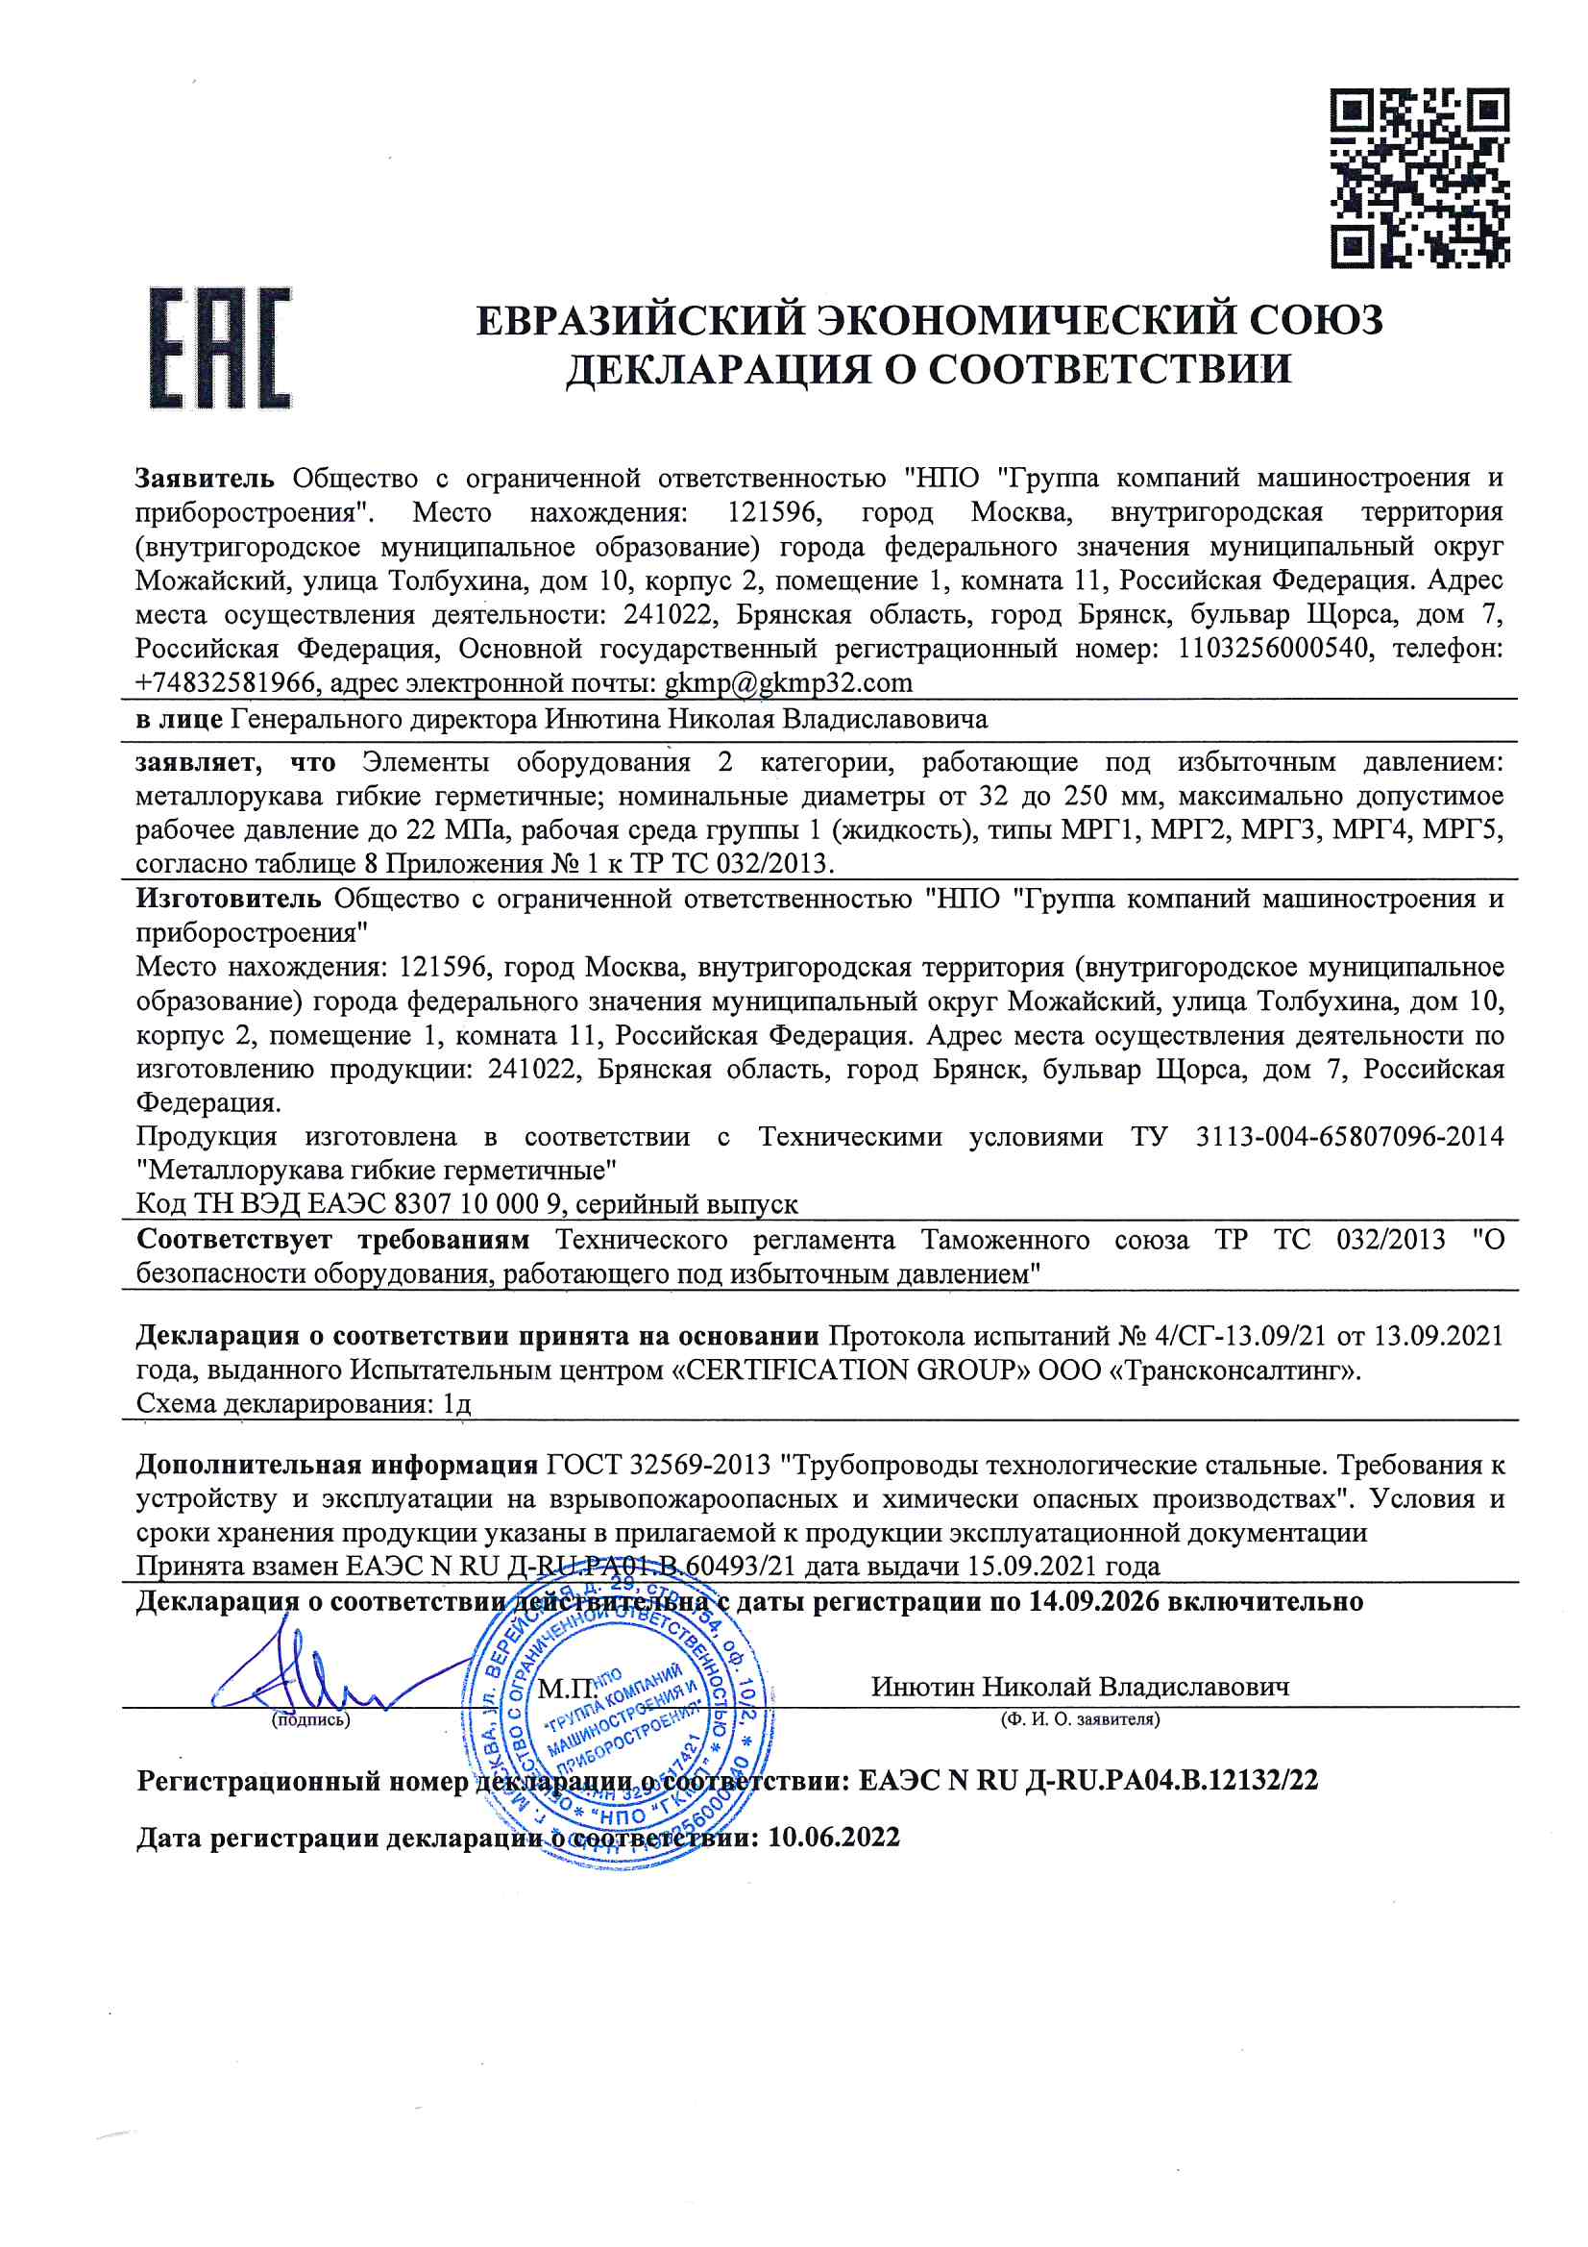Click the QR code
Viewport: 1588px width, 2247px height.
coord(1419,178)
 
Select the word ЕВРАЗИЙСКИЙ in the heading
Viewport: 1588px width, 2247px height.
coord(637,320)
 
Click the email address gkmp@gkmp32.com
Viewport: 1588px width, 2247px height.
coord(788,682)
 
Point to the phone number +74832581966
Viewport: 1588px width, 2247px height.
coord(226,682)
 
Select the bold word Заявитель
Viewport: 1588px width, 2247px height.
coord(206,479)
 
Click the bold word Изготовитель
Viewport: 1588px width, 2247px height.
coord(228,899)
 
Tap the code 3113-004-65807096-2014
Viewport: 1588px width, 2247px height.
coord(1349,1136)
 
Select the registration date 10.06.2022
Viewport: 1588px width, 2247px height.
coord(833,1837)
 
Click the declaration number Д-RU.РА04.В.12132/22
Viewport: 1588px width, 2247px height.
coord(1170,1780)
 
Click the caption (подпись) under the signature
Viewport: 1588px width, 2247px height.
coord(310,1719)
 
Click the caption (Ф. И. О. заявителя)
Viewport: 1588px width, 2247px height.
coord(1079,1719)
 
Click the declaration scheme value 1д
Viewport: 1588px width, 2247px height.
coord(457,1404)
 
